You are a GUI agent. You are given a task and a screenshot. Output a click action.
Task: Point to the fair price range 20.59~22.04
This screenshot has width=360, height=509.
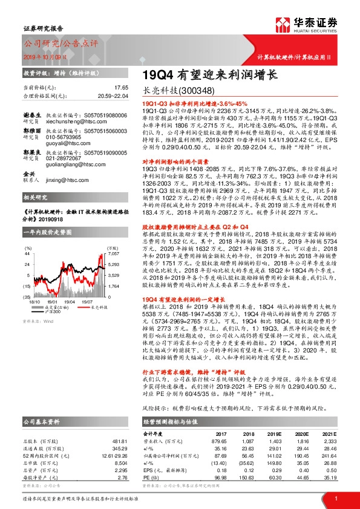click(114, 96)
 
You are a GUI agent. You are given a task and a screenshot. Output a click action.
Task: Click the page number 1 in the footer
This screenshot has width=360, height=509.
click(335, 497)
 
